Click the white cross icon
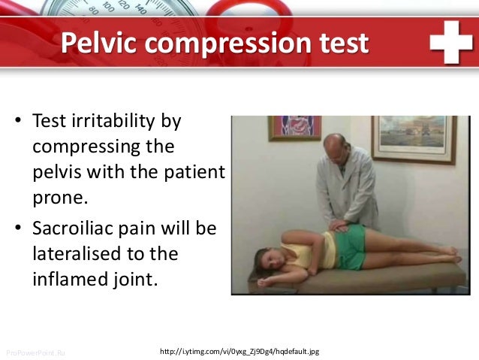450,44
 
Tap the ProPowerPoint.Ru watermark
35,351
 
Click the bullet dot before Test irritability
14,122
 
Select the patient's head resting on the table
270,260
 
